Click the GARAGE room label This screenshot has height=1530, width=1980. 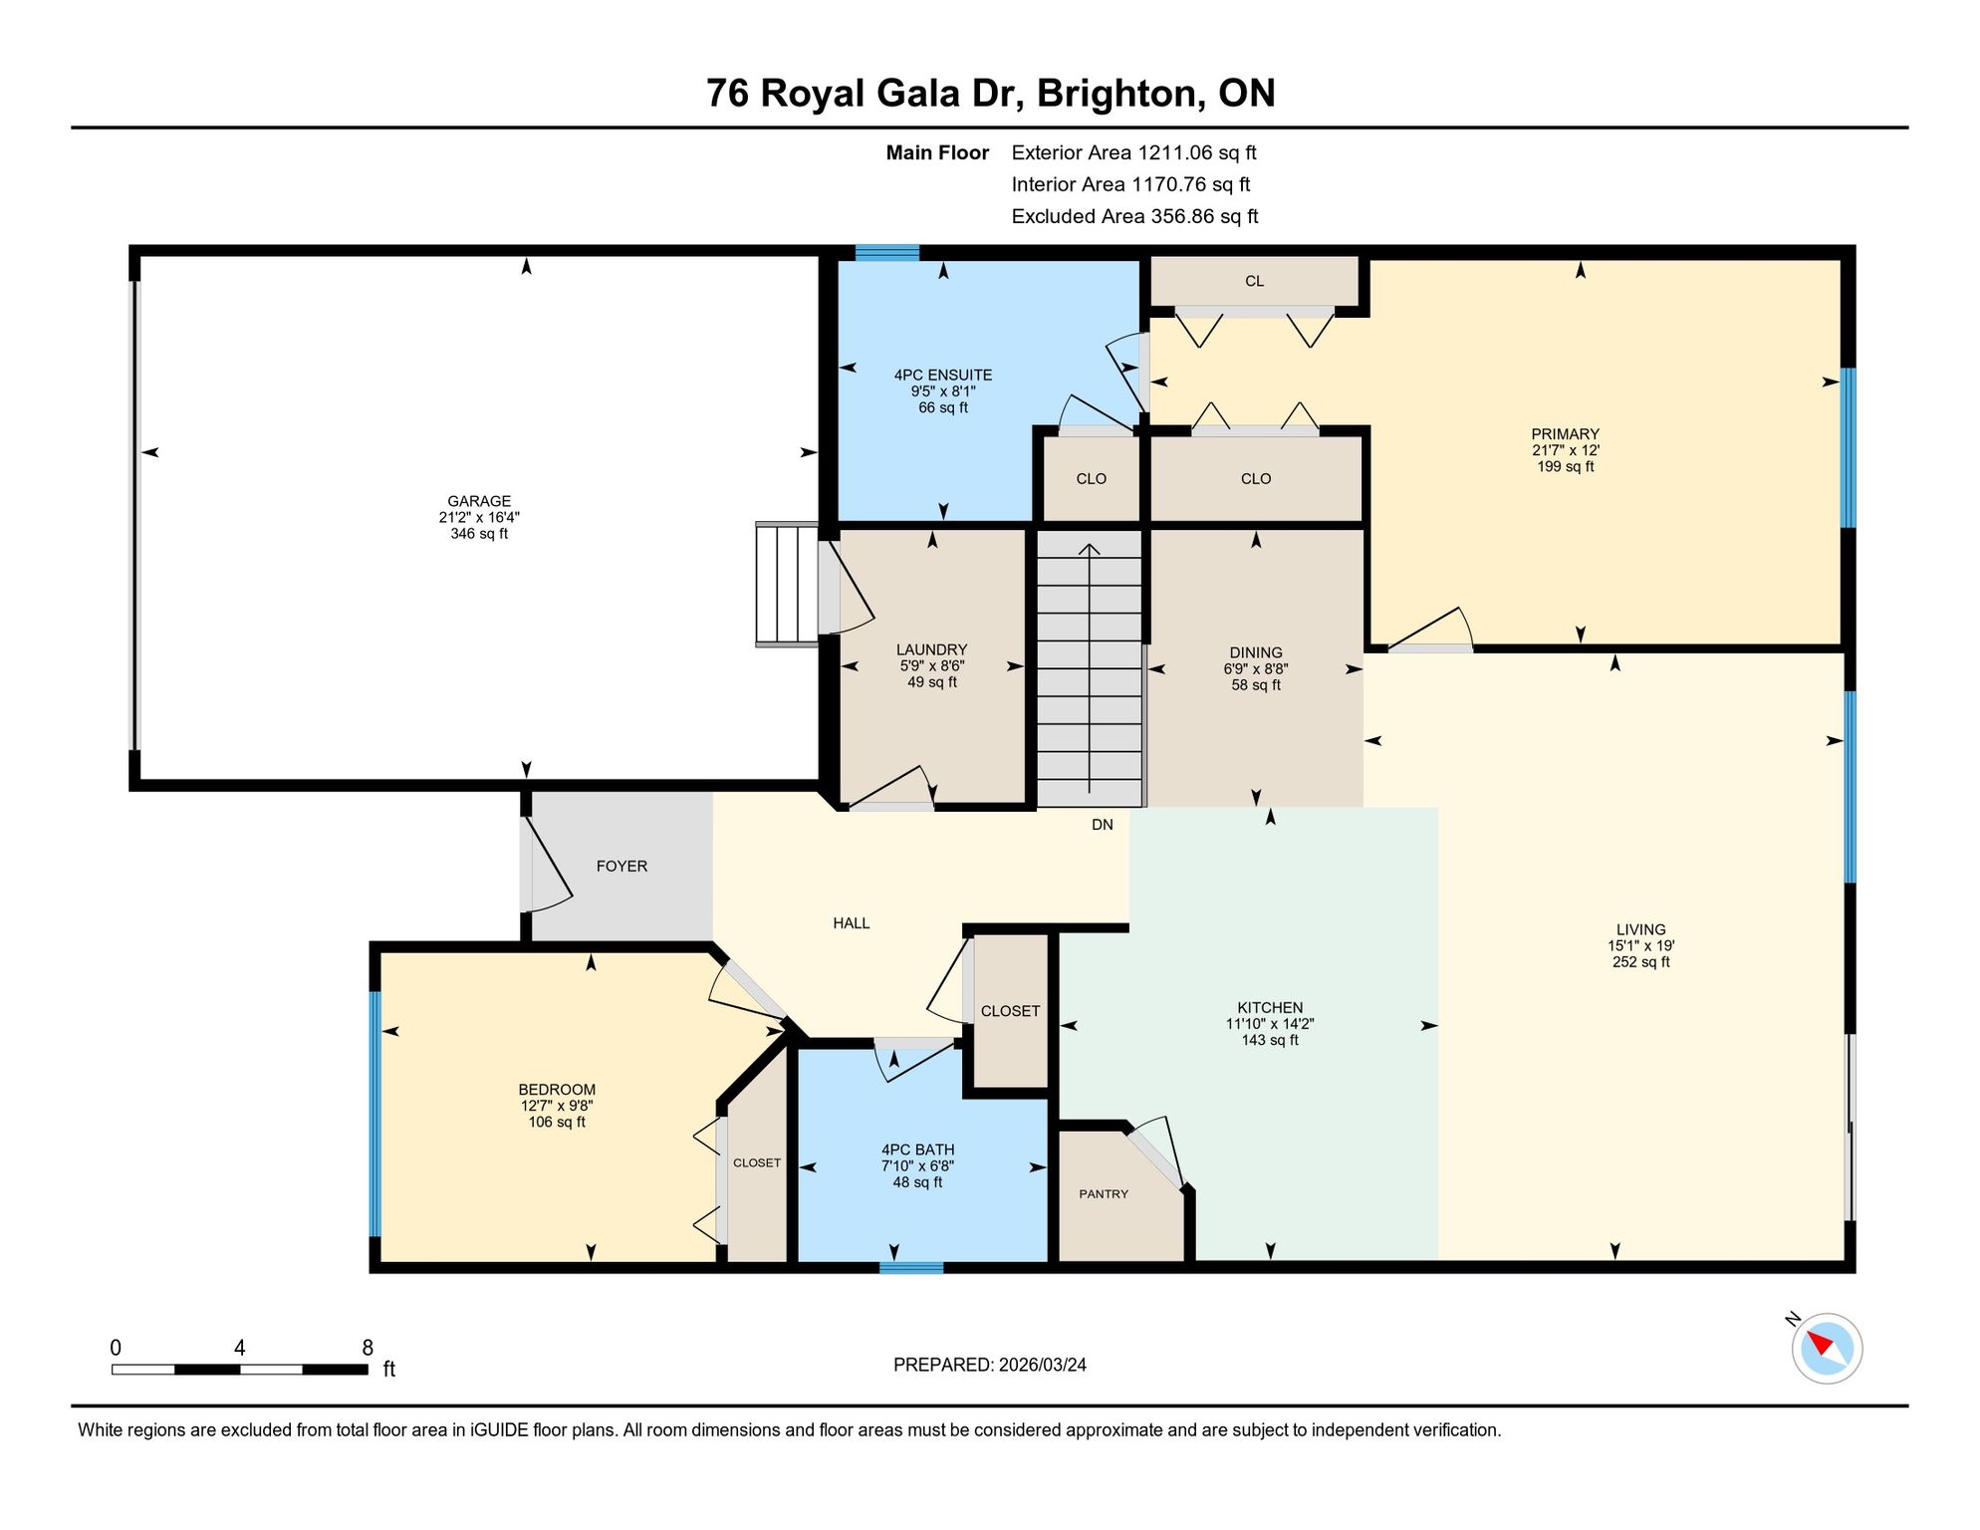479,501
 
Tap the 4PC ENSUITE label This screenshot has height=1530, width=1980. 943,375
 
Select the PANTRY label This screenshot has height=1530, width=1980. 1104,1193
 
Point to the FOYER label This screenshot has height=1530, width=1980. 621,867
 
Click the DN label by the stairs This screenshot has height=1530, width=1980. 1103,825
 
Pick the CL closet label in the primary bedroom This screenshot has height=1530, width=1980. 1255,281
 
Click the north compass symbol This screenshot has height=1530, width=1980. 1827,1348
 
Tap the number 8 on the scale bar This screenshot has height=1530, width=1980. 368,1348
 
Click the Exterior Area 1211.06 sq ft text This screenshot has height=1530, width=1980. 1133,152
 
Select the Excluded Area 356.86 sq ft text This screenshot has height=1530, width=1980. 1134,216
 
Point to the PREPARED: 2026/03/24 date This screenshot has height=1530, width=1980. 990,1365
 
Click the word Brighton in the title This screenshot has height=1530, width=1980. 1116,93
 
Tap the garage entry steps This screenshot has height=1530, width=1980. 787,585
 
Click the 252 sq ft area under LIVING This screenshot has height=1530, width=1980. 1641,962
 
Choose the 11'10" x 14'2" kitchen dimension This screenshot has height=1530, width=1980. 1270,1024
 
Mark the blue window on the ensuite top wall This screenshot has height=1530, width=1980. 887,253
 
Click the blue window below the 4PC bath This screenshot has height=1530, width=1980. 911,1268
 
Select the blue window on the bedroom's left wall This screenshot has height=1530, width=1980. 375,1114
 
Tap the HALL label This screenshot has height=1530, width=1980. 852,923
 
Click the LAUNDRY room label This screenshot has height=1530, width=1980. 932,649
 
